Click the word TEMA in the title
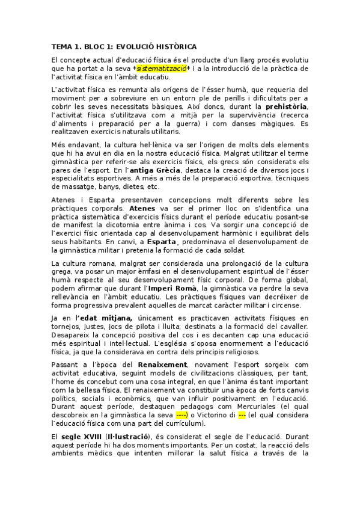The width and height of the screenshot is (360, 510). tap(63, 46)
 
